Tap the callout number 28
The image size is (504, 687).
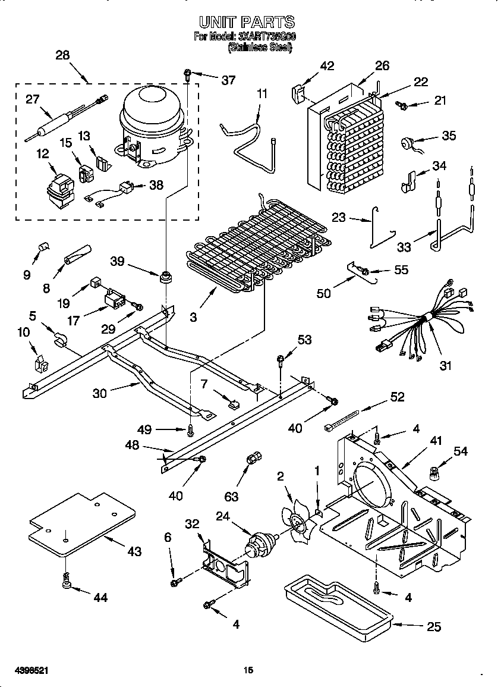coord(62,55)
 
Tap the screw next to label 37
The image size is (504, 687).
coord(188,74)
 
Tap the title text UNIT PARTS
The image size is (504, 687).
coord(247,23)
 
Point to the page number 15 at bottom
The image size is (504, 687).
coord(248,670)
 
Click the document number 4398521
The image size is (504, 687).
coord(29,670)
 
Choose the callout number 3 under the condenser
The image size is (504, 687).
coord(193,318)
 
